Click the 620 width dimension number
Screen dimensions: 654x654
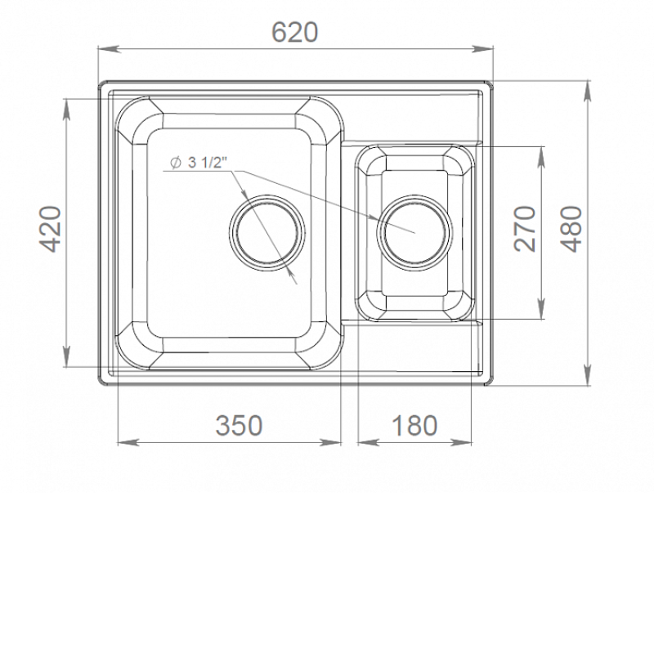[x=294, y=32]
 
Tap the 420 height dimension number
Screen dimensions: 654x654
[x=52, y=229]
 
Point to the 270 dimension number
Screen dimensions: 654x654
[x=524, y=229]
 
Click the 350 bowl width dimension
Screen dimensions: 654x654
[x=239, y=424]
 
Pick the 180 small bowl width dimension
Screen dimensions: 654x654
[x=414, y=424]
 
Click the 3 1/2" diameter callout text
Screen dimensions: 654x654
[x=207, y=162]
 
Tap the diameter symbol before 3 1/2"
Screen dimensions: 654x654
[x=176, y=162]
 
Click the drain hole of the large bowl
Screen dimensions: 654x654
[x=267, y=231]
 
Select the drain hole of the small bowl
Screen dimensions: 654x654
[x=414, y=231]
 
